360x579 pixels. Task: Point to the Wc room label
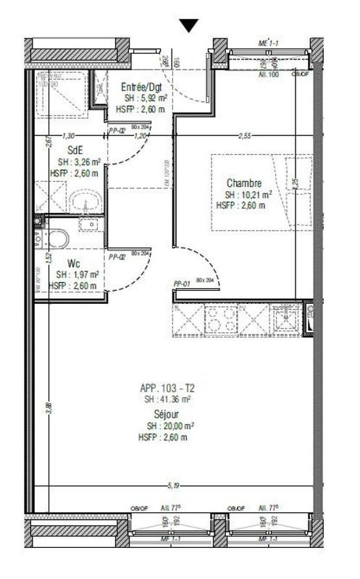pyautogui.click(x=73, y=263)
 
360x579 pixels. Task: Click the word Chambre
pyautogui.click(x=243, y=183)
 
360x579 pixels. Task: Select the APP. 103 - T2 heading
pyautogui.click(x=167, y=389)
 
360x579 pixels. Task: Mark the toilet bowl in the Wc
pyautogui.click(x=58, y=238)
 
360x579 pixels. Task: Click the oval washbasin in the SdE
pyautogui.click(x=88, y=203)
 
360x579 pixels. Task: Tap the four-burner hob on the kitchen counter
pyautogui.click(x=222, y=319)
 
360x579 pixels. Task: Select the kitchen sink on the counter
pyautogui.click(x=287, y=318)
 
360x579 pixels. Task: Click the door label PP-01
pyautogui.click(x=182, y=284)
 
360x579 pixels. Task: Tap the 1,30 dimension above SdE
pyautogui.click(x=69, y=135)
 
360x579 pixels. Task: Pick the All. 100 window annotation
pyautogui.click(x=269, y=74)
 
